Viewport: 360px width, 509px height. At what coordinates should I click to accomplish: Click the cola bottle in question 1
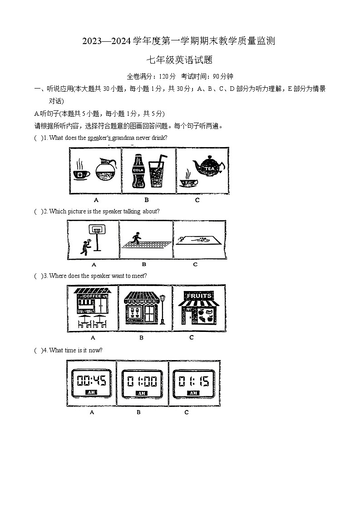(138, 171)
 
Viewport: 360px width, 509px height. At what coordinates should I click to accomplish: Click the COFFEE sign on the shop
(93, 296)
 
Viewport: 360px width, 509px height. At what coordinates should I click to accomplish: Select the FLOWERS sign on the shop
(142, 301)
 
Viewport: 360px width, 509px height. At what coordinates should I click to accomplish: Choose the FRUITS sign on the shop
(200, 296)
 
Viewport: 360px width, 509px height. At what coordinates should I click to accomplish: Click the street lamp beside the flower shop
(163, 309)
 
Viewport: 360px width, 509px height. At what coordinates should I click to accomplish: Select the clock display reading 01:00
(142, 381)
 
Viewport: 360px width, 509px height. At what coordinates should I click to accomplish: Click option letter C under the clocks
(187, 412)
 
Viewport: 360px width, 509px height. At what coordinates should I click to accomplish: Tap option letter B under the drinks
(147, 200)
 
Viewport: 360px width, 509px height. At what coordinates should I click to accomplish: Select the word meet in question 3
(138, 276)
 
